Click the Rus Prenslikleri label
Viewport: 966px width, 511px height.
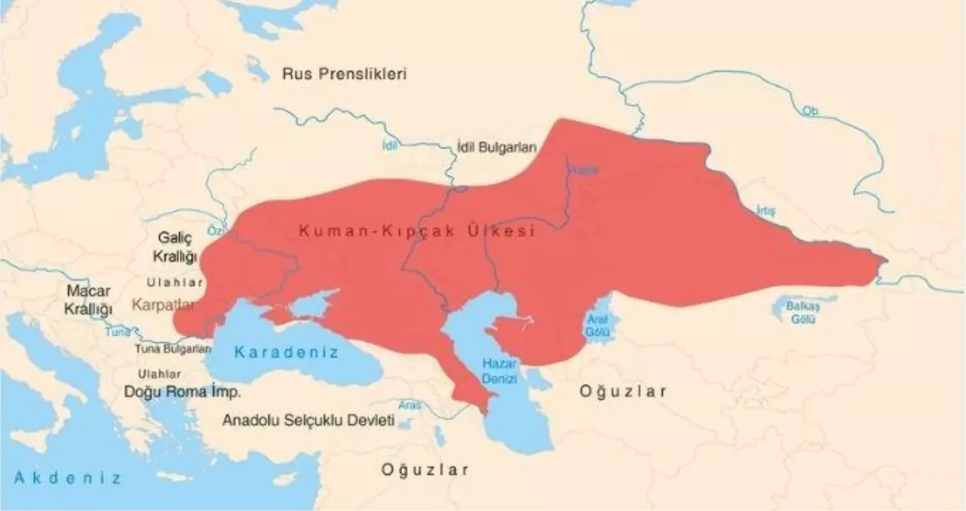point(344,74)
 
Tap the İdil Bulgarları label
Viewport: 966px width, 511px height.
point(496,148)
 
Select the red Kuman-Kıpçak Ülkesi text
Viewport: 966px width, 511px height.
point(417,232)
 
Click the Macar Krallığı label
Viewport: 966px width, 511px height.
point(89,300)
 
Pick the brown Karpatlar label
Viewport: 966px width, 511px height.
point(163,305)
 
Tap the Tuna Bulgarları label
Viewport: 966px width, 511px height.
point(173,349)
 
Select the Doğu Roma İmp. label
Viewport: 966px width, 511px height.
point(183,392)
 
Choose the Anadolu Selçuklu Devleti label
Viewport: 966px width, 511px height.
point(308,421)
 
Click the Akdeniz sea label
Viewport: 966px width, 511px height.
point(67,478)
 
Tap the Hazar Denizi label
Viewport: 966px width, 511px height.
point(499,370)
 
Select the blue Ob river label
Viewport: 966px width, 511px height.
point(810,111)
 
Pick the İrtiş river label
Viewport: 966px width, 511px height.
point(766,211)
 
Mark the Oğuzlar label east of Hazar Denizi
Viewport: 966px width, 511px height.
point(623,391)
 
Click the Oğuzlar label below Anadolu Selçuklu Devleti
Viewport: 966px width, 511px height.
point(424,469)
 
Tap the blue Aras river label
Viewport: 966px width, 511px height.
point(409,405)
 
